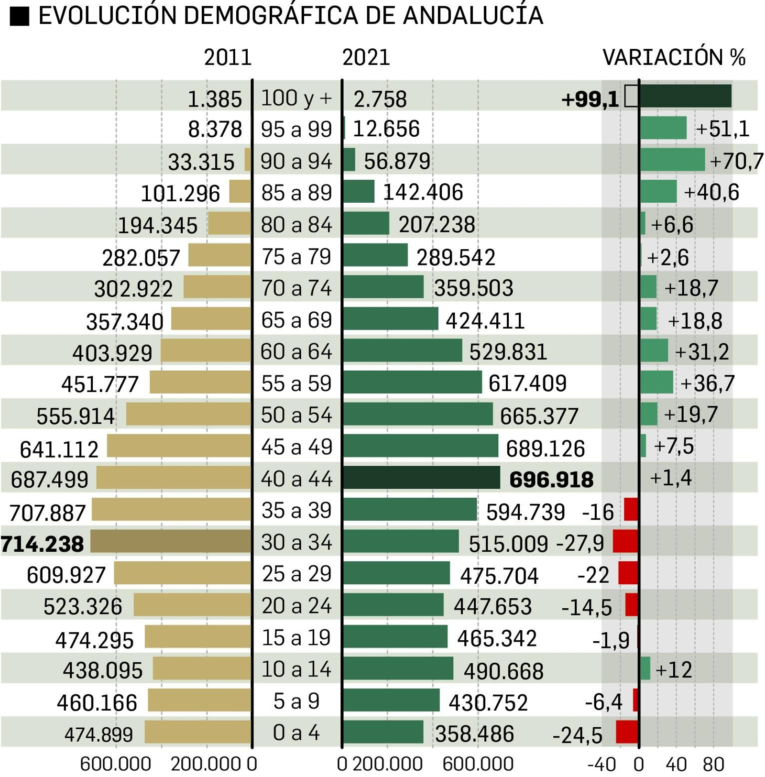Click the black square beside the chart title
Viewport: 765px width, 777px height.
20,17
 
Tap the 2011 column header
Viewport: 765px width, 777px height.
228,58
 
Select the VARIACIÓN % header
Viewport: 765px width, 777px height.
673,58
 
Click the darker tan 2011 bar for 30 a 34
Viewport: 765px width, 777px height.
171,541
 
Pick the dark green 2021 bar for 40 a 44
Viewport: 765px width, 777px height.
421,477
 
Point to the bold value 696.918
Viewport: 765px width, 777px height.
551,480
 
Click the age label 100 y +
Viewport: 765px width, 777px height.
296,98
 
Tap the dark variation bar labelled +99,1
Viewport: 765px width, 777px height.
685,96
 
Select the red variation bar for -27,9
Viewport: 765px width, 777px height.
625,541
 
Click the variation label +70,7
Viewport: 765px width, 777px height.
736,161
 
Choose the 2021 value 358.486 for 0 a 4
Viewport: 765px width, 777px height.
474,734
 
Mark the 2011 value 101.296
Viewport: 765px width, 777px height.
180,194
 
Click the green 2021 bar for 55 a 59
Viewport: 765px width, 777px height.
412,382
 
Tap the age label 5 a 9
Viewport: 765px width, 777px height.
296,701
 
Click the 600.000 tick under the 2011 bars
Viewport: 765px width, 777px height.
115,764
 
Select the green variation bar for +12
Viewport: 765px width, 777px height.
645,668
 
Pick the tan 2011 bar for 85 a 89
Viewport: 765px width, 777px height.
240,191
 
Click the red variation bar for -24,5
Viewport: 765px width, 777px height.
627,732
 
